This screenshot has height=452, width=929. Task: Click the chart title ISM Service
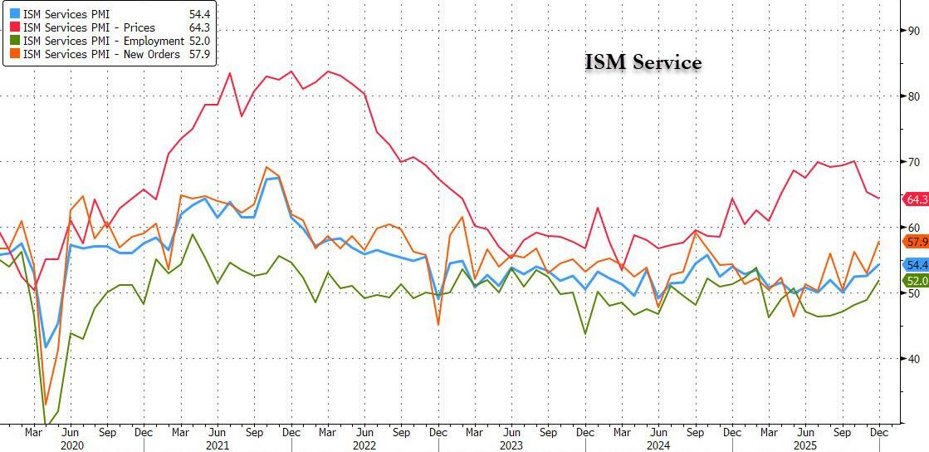[x=643, y=62]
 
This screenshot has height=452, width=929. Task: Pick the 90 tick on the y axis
[x=913, y=31]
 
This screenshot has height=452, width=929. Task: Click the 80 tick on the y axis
[x=913, y=96]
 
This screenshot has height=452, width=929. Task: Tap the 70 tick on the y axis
[x=913, y=162]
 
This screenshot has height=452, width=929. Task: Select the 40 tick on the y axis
[x=913, y=359]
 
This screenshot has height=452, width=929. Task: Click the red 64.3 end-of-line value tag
[x=915, y=199]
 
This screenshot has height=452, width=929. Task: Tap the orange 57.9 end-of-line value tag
[x=915, y=242]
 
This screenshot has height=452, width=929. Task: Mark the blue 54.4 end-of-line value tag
[x=915, y=265]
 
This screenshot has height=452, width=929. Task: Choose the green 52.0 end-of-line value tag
[x=915, y=282]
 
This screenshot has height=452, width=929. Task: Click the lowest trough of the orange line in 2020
[x=46, y=404]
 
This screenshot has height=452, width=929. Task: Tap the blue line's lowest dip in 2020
[x=46, y=347]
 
